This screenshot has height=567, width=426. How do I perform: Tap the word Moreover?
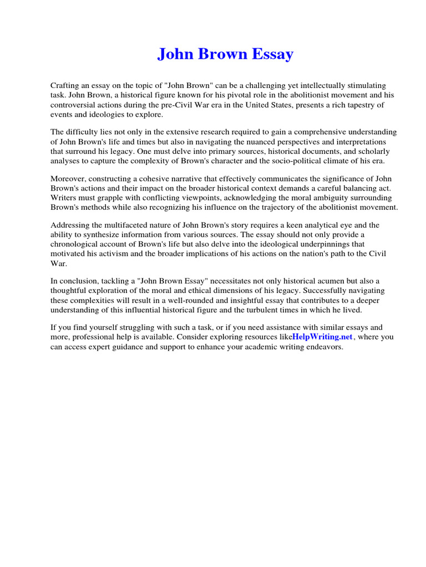click(68, 179)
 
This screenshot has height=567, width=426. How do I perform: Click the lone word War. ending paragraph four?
click(58, 263)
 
